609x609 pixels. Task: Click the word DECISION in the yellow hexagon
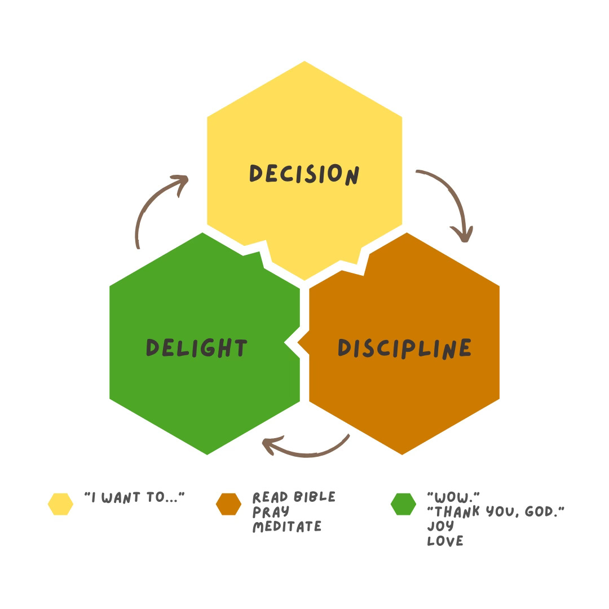(304, 174)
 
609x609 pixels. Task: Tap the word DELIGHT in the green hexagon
(197, 347)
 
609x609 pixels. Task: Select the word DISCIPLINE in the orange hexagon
(404, 347)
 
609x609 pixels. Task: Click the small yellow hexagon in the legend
(60, 504)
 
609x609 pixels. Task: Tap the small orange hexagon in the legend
(228, 504)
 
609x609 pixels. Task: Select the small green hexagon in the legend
(403, 504)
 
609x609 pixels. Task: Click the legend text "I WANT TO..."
(135, 497)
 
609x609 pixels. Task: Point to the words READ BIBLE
(294, 497)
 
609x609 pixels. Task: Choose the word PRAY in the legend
(271, 512)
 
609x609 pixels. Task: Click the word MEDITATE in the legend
(287, 527)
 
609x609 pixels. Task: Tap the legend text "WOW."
(453, 497)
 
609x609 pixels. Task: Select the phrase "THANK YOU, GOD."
(496, 512)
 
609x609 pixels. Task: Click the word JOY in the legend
(440, 527)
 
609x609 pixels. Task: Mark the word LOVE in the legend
(445, 541)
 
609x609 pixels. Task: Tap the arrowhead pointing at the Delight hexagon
(270, 445)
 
